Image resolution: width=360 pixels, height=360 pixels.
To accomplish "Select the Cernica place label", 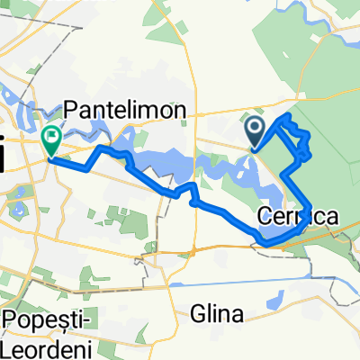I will [298, 217].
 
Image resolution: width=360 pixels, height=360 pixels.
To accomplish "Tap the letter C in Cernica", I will [265, 217].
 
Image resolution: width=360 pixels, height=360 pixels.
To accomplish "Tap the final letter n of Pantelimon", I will [180, 109].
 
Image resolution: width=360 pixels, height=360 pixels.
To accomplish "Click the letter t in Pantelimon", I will [115, 109].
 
